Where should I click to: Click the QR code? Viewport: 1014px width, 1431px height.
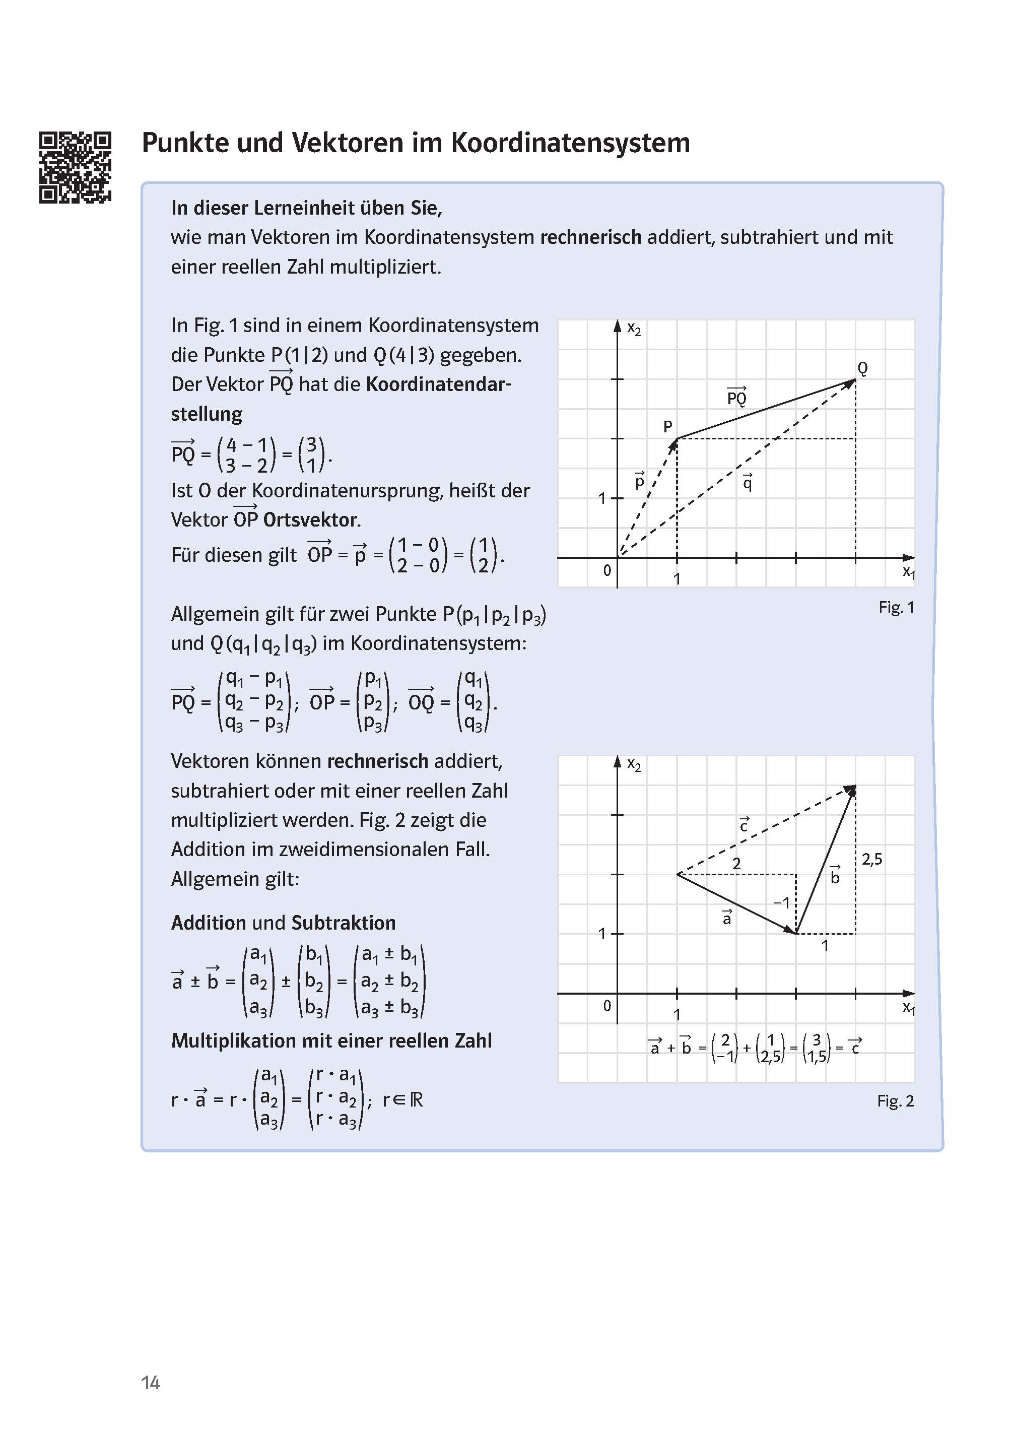tap(75, 167)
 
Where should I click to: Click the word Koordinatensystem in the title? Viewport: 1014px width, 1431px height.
tap(570, 143)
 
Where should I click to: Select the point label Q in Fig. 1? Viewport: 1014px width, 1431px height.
tap(862, 368)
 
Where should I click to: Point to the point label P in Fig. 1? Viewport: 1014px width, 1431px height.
tap(667, 427)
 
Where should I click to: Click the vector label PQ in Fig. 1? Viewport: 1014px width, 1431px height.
tap(737, 397)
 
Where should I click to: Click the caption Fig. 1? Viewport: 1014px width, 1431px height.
tap(896, 607)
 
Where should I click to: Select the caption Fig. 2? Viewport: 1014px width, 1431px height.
tap(895, 1101)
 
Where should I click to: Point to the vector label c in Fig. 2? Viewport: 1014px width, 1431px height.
tap(743, 826)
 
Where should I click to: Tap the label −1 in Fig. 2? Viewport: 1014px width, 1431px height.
tap(781, 902)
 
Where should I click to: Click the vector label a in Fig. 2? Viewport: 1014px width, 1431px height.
tap(726, 918)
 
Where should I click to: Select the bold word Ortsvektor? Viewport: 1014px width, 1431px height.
tap(310, 519)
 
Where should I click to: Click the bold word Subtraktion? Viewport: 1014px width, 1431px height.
tap(344, 923)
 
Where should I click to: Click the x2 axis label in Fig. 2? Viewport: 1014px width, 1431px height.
tap(634, 765)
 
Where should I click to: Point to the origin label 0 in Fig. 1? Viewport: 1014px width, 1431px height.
tap(606, 570)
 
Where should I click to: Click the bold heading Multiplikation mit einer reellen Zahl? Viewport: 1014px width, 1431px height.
tap(331, 1040)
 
